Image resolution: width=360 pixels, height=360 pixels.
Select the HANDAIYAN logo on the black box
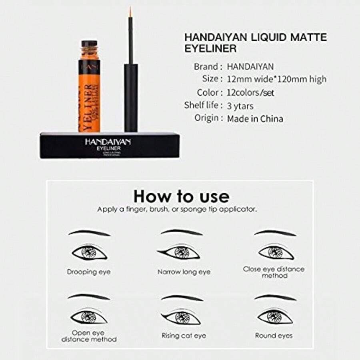[x=105, y=141]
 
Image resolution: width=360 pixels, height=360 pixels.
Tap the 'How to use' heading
[x=181, y=196]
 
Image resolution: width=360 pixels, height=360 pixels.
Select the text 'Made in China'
[x=255, y=119]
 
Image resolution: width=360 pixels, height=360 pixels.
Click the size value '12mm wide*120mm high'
[x=277, y=79]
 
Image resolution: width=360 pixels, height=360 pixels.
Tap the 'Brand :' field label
[x=208, y=66]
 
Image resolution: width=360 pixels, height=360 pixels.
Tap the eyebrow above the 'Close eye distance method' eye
[x=275, y=233]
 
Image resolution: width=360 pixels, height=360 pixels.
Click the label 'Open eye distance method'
[x=89, y=336]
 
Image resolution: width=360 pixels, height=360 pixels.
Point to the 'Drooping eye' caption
[x=89, y=272]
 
